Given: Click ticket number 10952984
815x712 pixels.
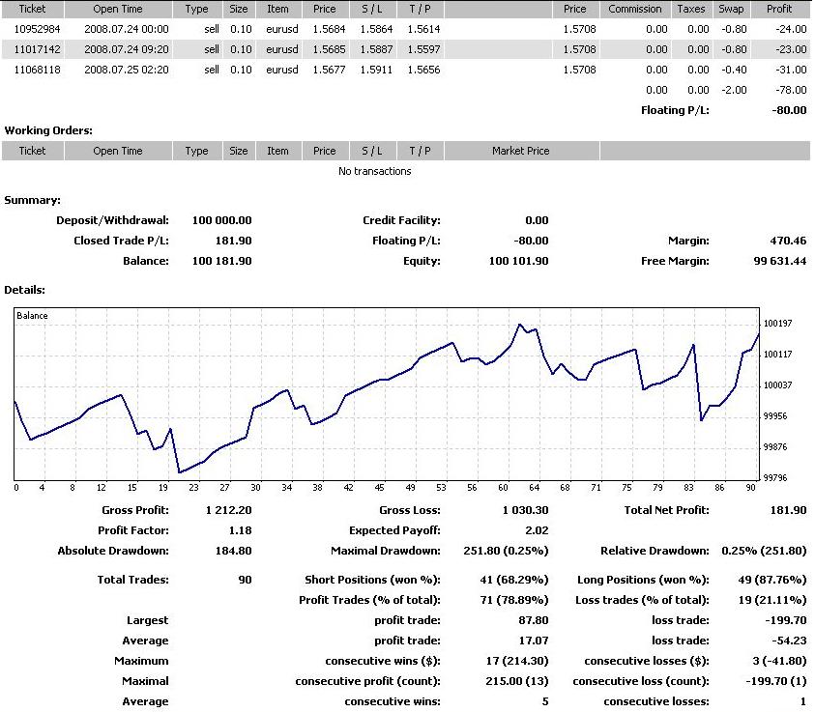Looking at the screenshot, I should (x=38, y=29).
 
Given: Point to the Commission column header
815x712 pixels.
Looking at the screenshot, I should (x=635, y=9).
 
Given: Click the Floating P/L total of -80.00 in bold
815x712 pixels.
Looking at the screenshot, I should (x=787, y=110).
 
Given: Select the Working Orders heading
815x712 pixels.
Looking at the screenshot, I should (x=48, y=130).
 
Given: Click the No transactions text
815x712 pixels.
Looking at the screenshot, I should (x=374, y=171).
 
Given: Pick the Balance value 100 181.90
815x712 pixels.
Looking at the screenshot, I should (x=221, y=261).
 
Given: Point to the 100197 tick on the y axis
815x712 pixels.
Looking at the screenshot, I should (x=777, y=324).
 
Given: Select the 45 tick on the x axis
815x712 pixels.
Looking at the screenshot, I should (x=380, y=488).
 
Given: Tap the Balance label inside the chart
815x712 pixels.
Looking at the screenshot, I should (x=32, y=316).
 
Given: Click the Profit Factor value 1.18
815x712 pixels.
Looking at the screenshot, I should (x=239, y=530).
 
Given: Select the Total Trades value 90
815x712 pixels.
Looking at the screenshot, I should (x=245, y=580).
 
